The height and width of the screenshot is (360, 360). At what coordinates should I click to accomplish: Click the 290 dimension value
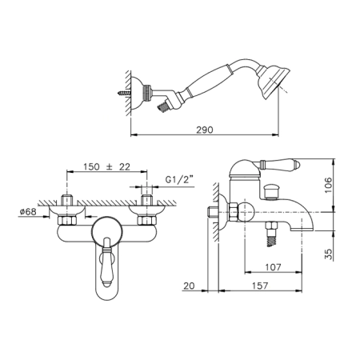point(205,130)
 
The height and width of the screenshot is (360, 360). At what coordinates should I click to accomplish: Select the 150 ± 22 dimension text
point(106,167)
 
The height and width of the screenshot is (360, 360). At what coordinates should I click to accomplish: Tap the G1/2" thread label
point(179,180)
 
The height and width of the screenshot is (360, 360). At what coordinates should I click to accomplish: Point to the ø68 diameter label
point(28,212)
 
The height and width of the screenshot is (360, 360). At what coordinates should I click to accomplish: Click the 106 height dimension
point(329,185)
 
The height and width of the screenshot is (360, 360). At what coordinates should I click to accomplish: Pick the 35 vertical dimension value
point(329,254)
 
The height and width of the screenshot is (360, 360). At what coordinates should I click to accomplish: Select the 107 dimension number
point(273,267)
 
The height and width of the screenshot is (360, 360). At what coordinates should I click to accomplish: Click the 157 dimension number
point(260,286)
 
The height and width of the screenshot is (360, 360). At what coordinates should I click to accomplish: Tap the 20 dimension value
point(189,286)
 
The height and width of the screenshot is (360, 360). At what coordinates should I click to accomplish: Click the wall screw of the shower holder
point(124,93)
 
